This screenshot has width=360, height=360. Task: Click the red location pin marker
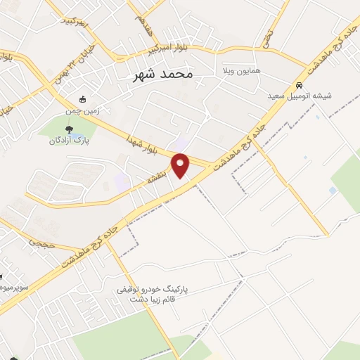point(181,165)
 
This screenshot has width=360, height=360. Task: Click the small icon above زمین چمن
point(83,99)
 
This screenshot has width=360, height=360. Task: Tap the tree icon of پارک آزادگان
point(68,129)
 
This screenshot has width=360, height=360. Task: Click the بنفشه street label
point(156,179)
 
